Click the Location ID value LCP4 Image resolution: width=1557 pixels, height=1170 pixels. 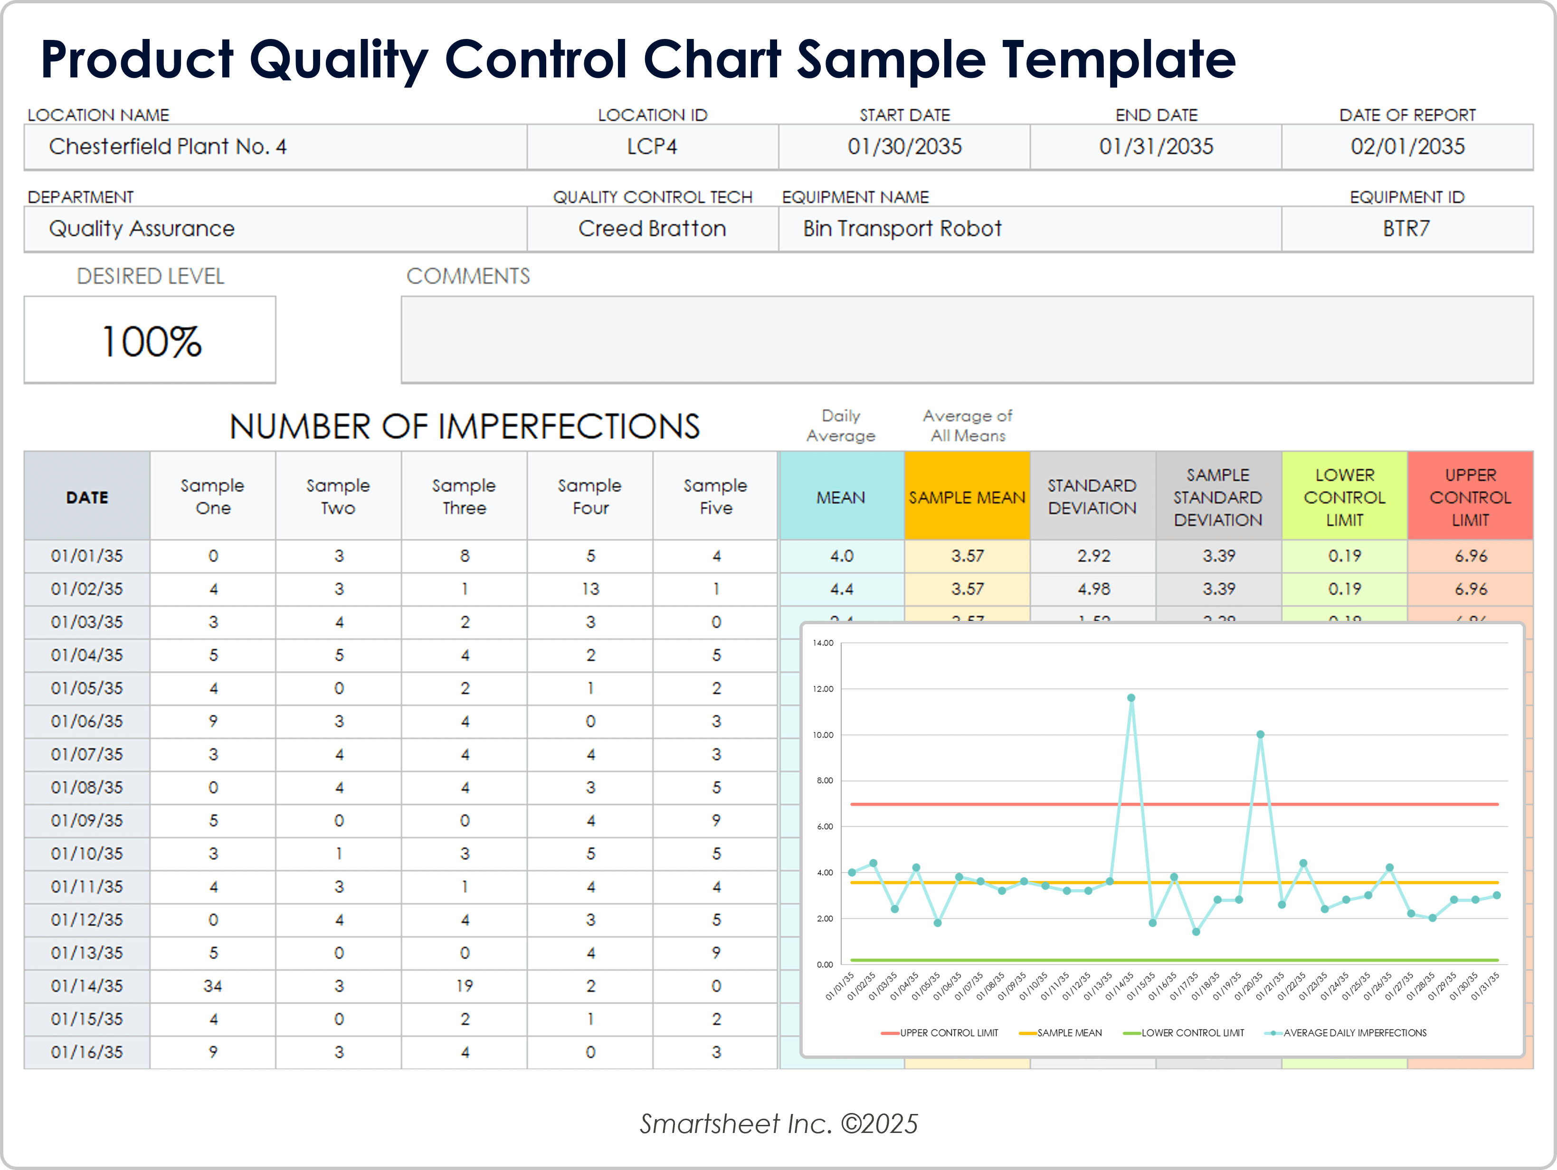click(x=652, y=146)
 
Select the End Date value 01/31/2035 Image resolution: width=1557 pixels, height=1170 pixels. click(x=1156, y=146)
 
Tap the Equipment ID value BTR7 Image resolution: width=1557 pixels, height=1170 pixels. click(x=1406, y=229)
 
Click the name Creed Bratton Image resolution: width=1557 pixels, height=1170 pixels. click(x=652, y=229)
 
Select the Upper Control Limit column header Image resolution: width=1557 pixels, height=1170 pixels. click(x=1470, y=497)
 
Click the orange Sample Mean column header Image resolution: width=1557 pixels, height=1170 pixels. click(x=967, y=497)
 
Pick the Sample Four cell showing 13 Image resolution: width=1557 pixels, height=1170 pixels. click(x=590, y=589)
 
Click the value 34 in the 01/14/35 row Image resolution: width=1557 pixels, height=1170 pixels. click(x=213, y=986)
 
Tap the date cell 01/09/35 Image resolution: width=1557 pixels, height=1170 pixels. click(x=86, y=820)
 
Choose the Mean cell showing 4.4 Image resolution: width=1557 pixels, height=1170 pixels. click(x=841, y=589)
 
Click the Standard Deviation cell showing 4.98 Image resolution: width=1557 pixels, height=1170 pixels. click(x=1092, y=589)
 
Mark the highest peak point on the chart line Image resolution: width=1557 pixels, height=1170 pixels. click(x=1130, y=698)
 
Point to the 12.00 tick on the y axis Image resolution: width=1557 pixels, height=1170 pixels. click(x=823, y=688)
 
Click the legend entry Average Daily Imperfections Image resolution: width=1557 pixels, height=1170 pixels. click(x=1354, y=1033)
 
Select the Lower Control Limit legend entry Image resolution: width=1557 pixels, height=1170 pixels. click(x=1192, y=1033)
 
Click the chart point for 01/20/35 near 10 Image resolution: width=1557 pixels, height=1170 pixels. click(x=1260, y=734)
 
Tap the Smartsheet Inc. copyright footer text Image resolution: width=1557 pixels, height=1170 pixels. click(x=778, y=1123)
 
